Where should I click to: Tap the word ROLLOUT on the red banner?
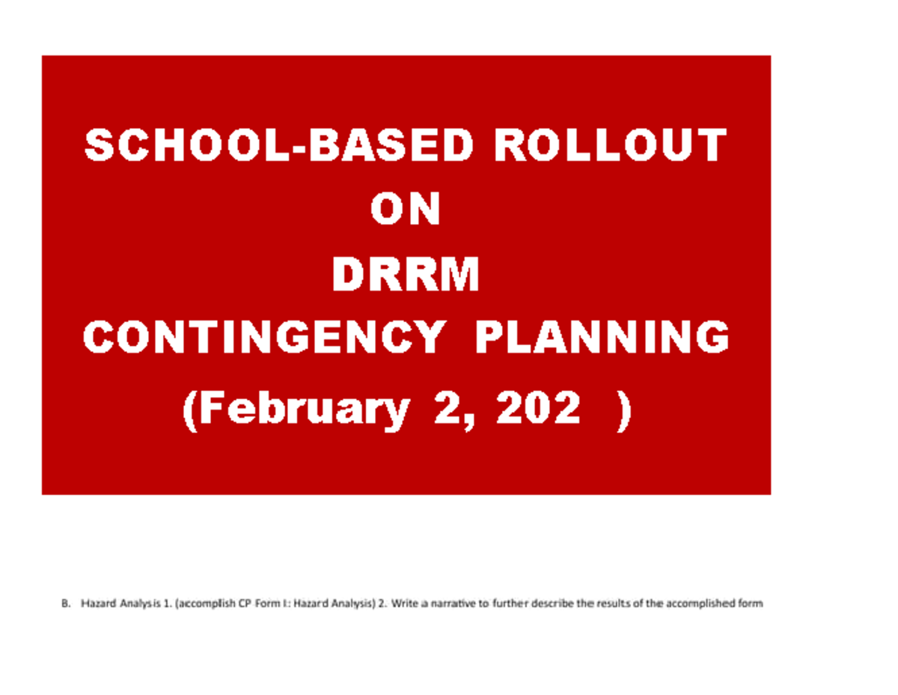pos(609,145)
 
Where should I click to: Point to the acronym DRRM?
pos(405,276)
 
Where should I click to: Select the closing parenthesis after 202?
pos(622,411)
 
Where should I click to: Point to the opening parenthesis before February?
pos(190,411)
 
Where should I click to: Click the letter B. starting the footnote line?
pos(65,604)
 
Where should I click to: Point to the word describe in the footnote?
pos(552,604)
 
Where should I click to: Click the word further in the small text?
pos(511,604)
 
